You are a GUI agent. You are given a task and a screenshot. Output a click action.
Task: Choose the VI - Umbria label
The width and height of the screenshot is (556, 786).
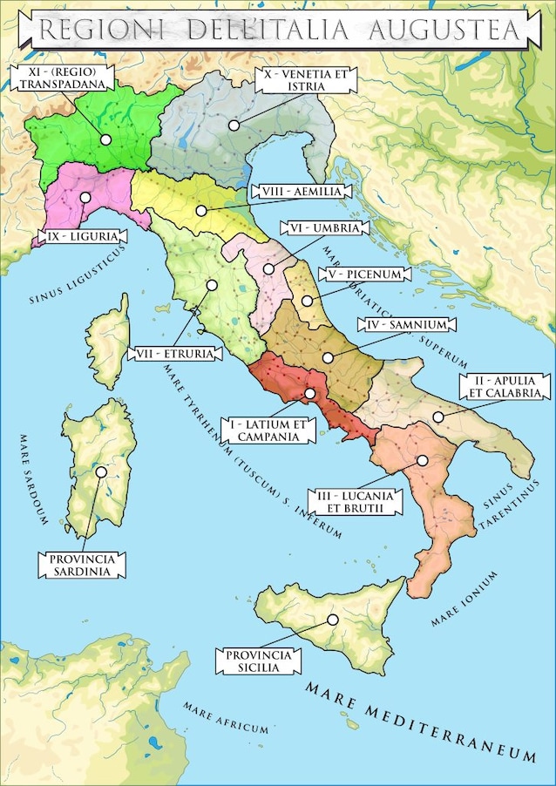(x=321, y=227)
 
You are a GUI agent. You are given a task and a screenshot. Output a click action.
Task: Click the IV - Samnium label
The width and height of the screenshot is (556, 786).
(x=403, y=325)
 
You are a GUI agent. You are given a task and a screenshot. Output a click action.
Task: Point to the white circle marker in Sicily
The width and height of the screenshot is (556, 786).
(x=332, y=620)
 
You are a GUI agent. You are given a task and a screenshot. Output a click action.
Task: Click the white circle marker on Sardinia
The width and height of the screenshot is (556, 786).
(x=102, y=471)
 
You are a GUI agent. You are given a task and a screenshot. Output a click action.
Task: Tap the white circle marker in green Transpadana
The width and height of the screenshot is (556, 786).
(x=105, y=139)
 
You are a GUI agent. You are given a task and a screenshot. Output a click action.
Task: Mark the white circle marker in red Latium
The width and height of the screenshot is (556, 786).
(x=310, y=394)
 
